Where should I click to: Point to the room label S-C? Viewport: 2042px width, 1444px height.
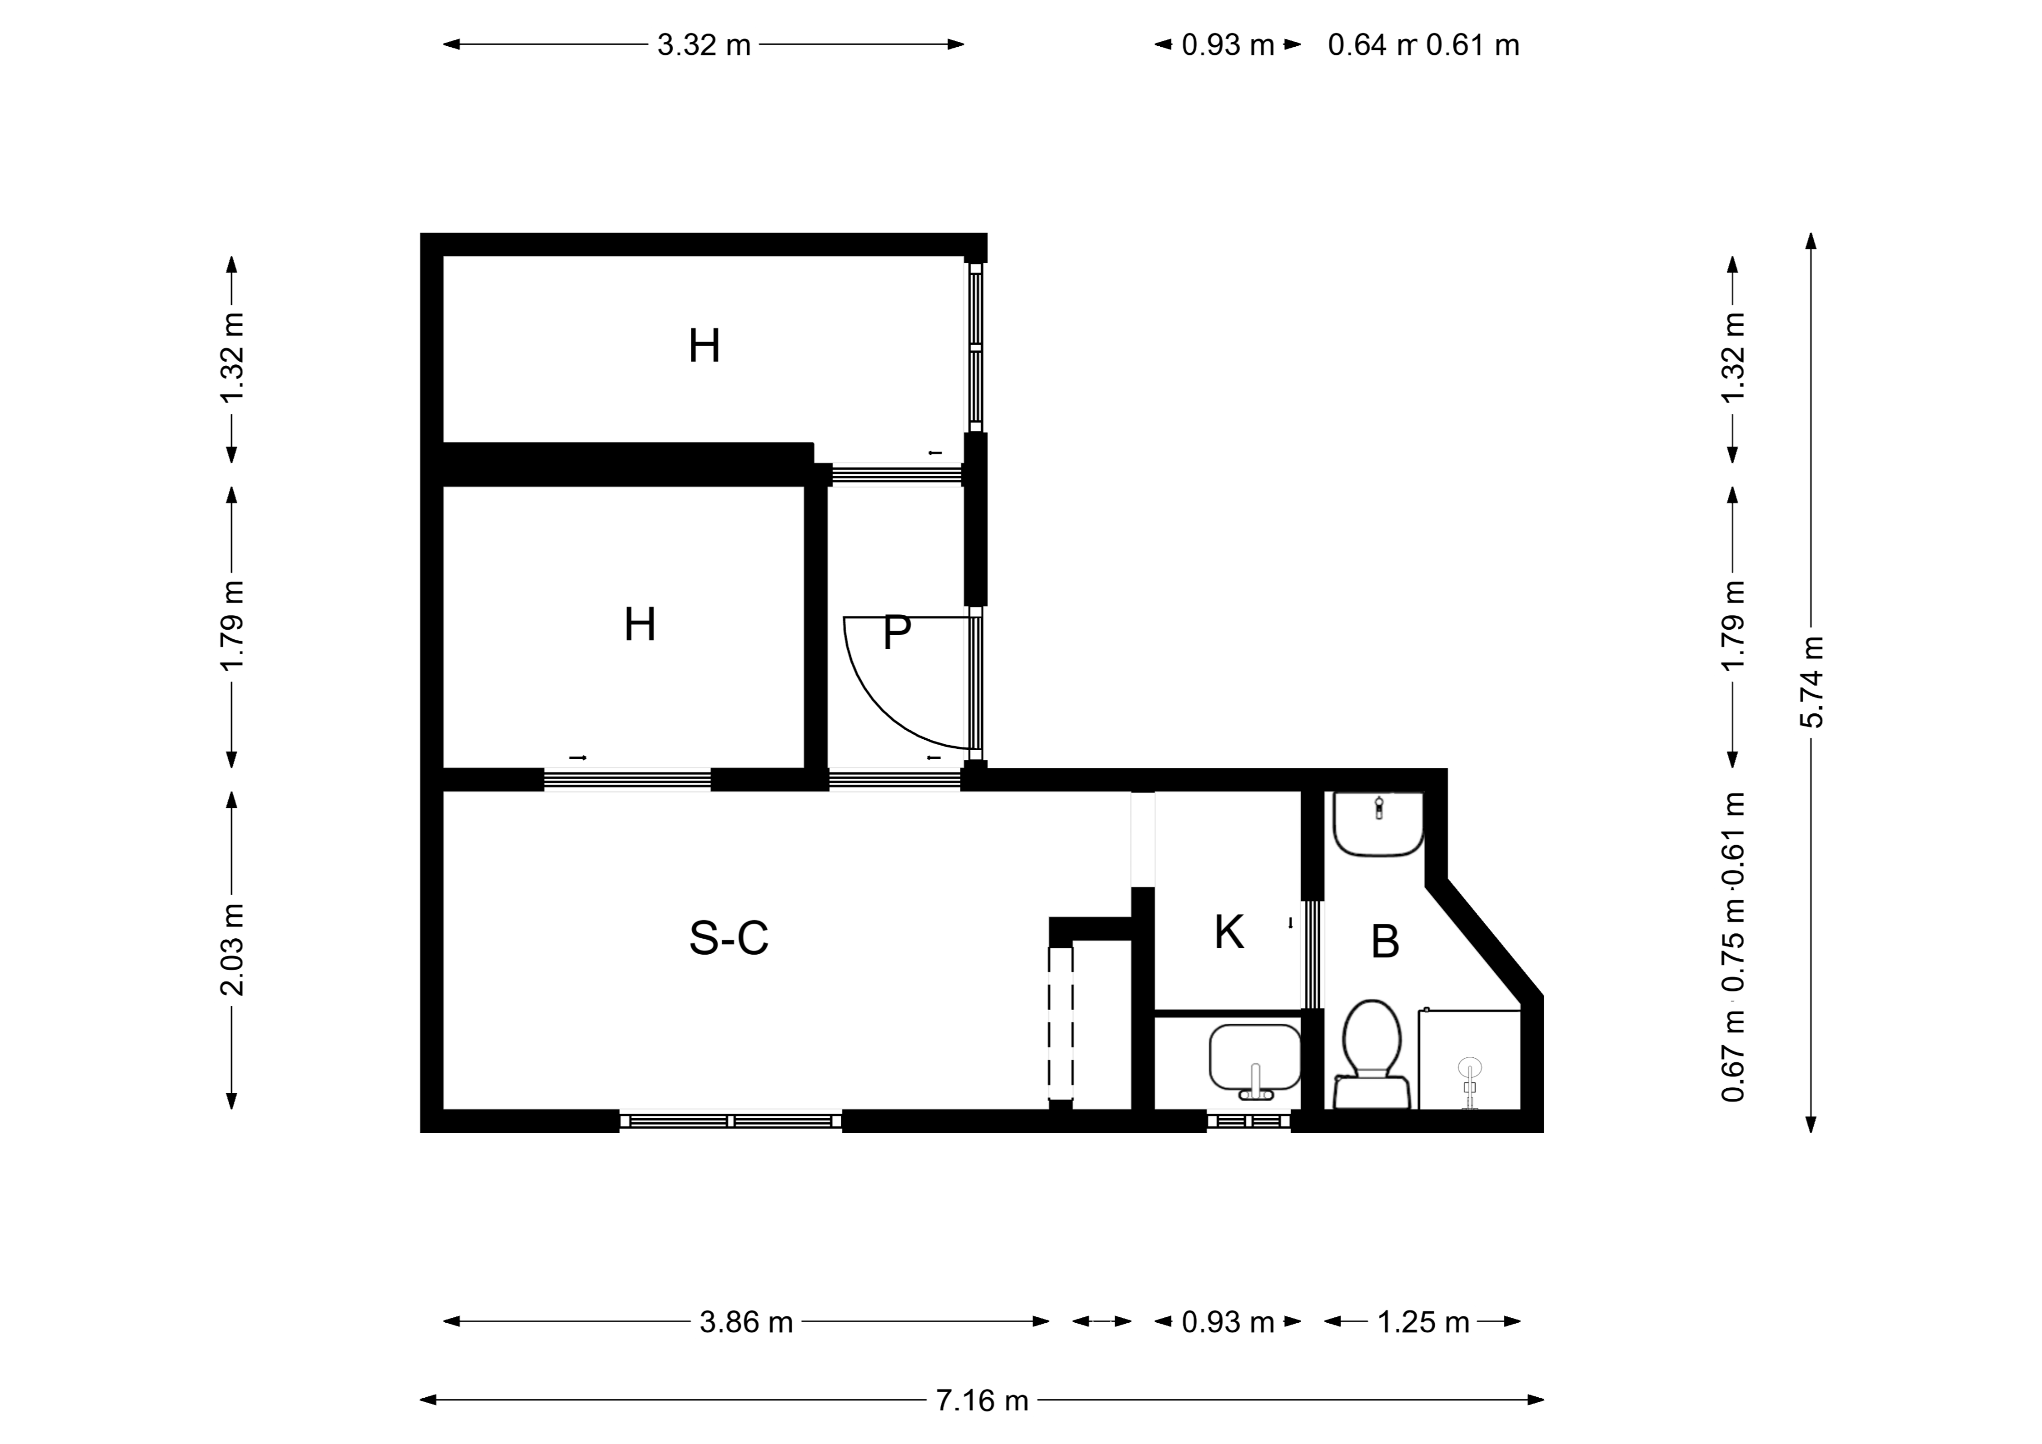pos(729,938)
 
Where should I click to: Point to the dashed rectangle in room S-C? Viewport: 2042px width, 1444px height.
pos(1060,1024)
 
